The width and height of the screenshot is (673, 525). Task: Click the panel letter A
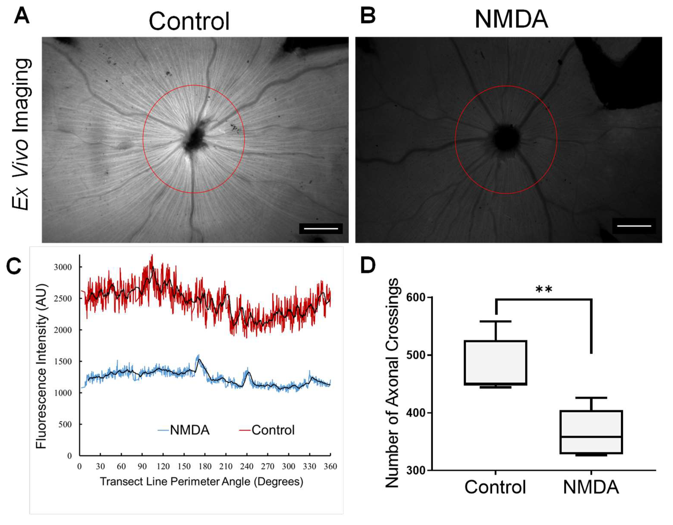(x=22, y=16)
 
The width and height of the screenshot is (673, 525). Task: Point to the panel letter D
(x=368, y=265)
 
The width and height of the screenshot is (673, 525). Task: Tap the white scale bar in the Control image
(x=321, y=229)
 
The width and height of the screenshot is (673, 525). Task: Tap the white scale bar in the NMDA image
(x=634, y=226)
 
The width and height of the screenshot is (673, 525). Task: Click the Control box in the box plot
(x=496, y=363)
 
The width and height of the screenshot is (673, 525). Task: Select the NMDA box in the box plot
(x=591, y=432)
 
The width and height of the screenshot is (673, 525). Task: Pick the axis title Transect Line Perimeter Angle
(x=202, y=481)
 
